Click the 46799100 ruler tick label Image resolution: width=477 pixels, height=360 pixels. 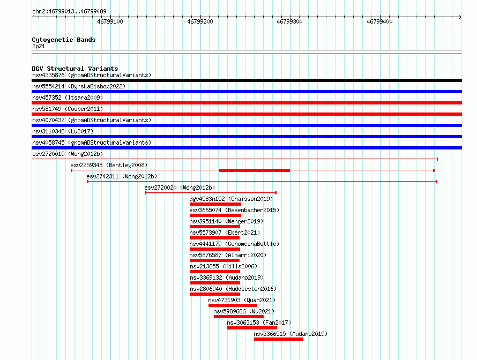coord(110,21)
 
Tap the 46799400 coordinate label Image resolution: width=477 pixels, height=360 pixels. coord(379,21)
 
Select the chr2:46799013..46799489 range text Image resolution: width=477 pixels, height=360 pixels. coord(69,11)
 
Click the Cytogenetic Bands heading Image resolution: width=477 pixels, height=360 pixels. coord(64,40)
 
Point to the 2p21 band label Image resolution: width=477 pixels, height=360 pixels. coord(39,46)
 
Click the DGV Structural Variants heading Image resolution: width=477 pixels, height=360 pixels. coord(75,69)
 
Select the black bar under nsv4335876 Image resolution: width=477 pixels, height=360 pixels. coord(247,80)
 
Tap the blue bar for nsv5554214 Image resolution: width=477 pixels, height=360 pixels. coord(247,92)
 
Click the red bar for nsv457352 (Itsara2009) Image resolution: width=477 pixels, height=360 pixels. coord(247,103)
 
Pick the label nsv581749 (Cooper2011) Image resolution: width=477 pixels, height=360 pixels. coord(68,109)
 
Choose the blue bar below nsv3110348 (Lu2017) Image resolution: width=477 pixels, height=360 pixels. coord(247,137)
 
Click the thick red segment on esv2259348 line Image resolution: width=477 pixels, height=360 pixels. coord(255,170)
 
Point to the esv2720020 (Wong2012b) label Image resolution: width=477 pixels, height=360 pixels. coord(180,187)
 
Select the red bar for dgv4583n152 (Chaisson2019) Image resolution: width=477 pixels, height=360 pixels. coord(215,204)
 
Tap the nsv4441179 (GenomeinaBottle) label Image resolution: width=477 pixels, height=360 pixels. coord(234,244)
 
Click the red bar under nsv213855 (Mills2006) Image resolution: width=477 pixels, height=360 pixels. coord(215,272)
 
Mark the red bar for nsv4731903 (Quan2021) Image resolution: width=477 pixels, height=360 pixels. coord(233,305)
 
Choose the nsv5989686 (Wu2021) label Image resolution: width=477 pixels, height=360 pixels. coord(244,311)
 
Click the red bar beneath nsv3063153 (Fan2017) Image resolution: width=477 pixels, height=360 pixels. coord(252,328)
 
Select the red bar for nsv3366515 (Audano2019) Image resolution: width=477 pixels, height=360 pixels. coord(279,339)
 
